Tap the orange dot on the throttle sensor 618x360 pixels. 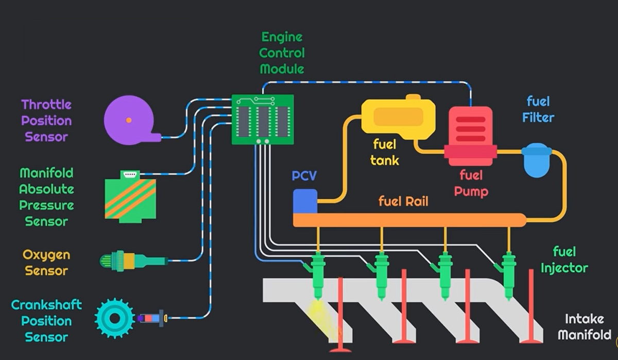[129, 120]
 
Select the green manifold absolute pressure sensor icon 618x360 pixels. [130, 200]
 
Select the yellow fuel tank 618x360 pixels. [398, 117]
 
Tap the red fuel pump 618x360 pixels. [470, 135]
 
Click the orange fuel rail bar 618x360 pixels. [409, 220]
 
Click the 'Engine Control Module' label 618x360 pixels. [282, 53]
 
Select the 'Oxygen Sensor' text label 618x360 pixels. [46, 263]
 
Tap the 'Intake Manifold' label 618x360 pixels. [585, 327]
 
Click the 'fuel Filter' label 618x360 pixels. [538, 109]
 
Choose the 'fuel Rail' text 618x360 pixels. [403, 201]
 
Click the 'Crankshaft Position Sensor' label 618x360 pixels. [46, 321]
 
